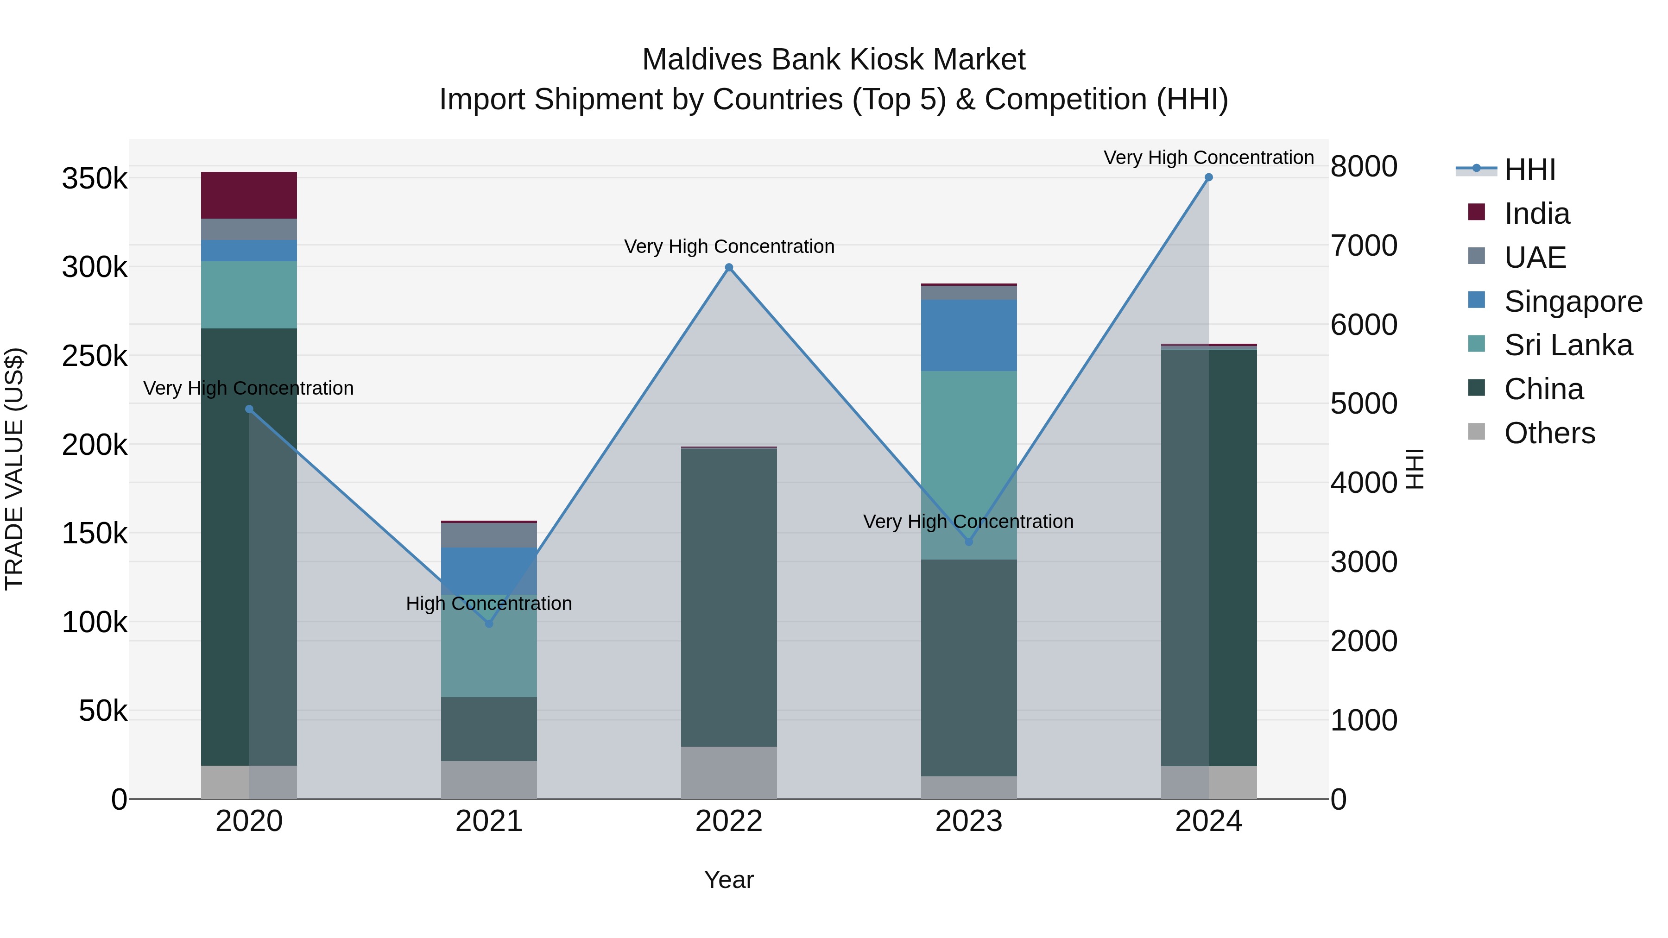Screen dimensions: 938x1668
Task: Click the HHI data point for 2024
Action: tap(1208, 177)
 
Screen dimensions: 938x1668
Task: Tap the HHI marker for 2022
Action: tap(729, 267)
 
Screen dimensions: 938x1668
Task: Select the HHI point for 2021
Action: tap(489, 623)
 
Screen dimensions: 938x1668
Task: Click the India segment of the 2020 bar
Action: tap(249, 195)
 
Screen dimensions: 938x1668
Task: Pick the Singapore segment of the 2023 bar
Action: tap(969, 335)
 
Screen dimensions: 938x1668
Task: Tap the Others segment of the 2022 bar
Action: tap(729, 772)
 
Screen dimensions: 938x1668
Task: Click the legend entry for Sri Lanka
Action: tap(1567, 345)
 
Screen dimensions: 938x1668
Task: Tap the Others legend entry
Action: tap(1549, 433)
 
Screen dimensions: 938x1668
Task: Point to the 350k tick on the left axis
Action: tap(95, 179)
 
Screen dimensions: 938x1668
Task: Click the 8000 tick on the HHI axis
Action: tap(1364, 166)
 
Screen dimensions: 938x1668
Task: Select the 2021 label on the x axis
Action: tap(489, 821)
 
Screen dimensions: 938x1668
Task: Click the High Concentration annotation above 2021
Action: tap(489, 603)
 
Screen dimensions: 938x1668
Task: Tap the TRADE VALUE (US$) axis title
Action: tap(14, 469)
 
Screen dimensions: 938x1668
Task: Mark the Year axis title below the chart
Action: tap(729, 880)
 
